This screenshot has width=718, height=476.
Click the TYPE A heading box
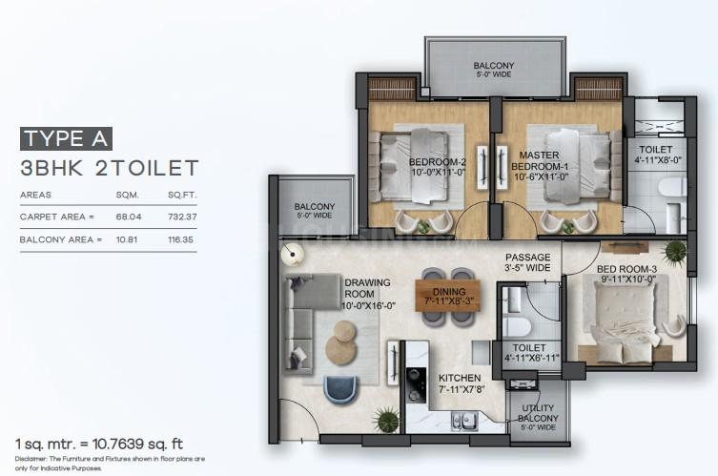66,139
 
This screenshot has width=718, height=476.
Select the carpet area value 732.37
182,217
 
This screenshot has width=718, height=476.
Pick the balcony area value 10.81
127,239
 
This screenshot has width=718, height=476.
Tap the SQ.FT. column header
182,196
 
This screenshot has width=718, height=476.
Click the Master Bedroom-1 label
540,166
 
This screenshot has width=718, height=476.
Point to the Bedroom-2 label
437,167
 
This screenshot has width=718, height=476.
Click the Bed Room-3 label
626,274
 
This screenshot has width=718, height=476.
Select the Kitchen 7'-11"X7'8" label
461,383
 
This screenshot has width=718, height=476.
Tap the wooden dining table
448,296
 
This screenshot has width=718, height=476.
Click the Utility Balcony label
538,417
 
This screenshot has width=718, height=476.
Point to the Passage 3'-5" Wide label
527,262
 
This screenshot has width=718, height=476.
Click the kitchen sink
464,422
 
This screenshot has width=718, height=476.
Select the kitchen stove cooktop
416,384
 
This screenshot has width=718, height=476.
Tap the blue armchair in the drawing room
340,390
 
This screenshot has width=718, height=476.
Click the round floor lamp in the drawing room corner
292,255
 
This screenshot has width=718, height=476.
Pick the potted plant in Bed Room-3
675,253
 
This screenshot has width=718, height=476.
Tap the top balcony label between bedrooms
493,70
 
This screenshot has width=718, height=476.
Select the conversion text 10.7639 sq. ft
137,444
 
